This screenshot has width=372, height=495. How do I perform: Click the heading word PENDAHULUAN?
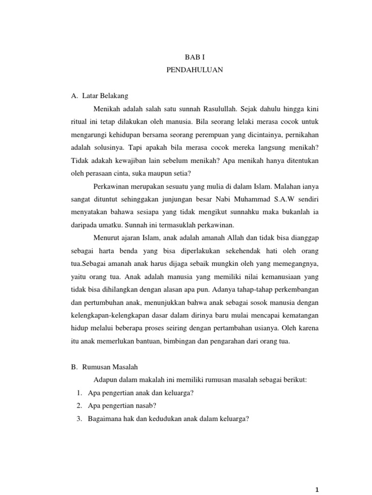(x=194, y=70)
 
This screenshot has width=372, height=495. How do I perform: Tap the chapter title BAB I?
(x=194, y=57)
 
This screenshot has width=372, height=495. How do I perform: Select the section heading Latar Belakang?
(x=106, y=96)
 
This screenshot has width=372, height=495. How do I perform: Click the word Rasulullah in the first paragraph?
(x=239, y=108)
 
